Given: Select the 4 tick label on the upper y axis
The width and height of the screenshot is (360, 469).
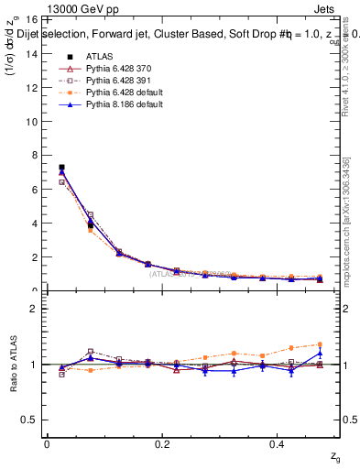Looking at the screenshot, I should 35,224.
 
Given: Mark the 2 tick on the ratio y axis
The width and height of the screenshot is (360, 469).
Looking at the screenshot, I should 35,309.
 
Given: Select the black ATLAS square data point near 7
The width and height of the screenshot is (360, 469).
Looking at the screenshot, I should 61,168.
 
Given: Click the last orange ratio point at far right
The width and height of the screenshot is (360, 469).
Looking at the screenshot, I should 320,344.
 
